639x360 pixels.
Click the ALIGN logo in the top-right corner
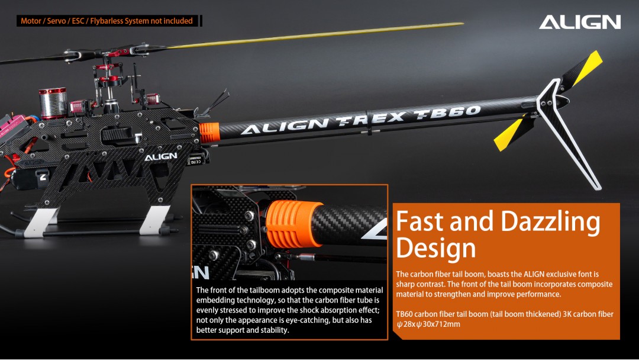(x=580, y=22)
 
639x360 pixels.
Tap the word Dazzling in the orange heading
(x=550, y=223)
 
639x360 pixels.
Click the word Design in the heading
(x=435, y=248)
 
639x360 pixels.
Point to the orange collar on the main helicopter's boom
(x=209, y=133)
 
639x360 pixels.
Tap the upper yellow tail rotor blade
(x=583, y=69)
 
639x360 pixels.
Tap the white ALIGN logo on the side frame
(x=160, y=156)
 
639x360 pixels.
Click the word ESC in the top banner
(x=78, y=21)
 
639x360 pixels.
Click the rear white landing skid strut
(x=154, y=220)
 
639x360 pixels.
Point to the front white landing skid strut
(x=41, y=222)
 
